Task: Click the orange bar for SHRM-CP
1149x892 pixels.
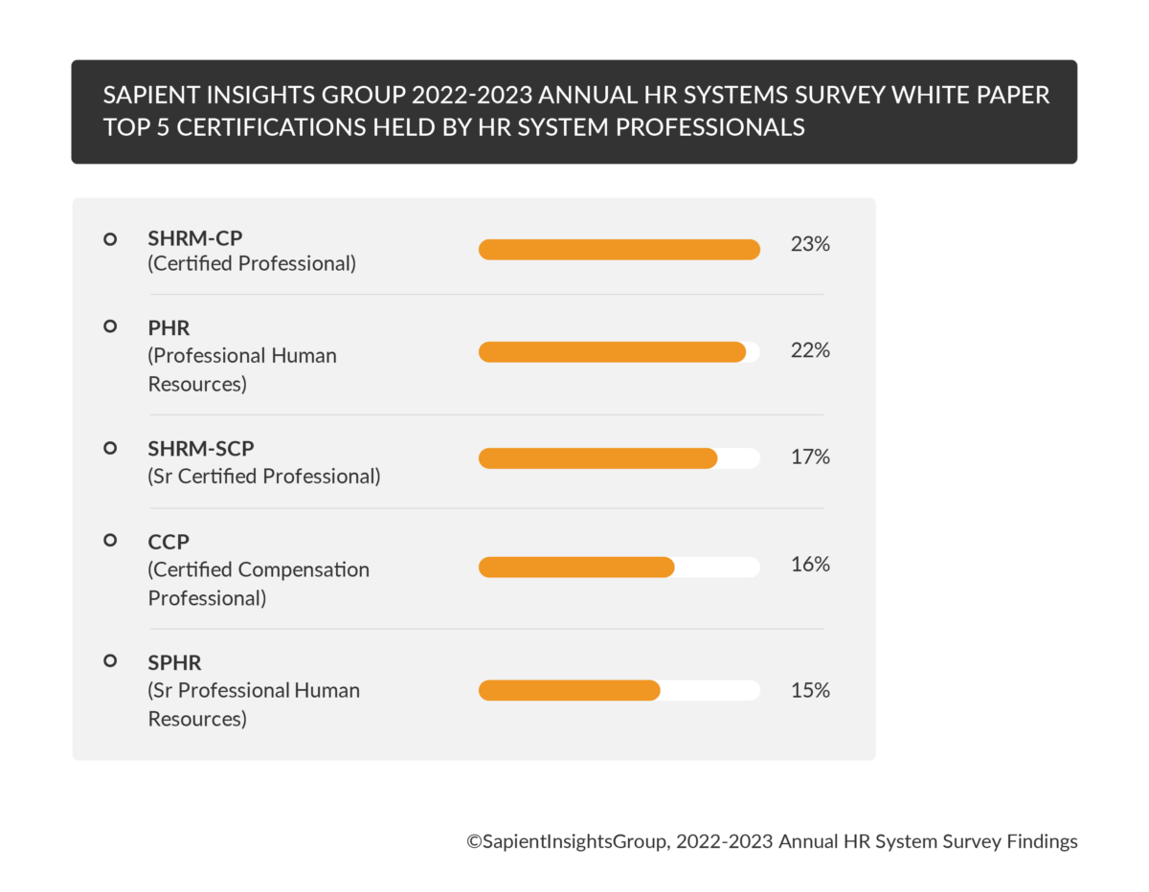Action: pos(619,250)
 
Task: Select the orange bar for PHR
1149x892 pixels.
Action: pos(612,352)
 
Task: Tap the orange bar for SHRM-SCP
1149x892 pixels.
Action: pos(597,458)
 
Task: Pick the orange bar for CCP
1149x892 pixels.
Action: pos(576,568)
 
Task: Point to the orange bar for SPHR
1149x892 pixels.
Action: pos(570,690)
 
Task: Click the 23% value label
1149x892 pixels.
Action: pos(810,244)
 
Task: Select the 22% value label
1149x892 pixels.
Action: pos(810,350)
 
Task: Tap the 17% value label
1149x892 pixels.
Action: pos(810,457)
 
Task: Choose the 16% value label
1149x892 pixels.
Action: pos(810,565)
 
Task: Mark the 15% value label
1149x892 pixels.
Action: pos(810,689)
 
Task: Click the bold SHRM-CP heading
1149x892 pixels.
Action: pos(195,238)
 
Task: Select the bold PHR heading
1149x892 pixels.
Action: pos(169,328)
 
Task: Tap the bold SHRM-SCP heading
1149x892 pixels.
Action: pos(201,448)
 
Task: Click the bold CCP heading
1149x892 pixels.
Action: pos(169,542)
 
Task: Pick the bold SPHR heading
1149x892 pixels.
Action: pos(174,662)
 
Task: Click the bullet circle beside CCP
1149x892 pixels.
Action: pos(110,541)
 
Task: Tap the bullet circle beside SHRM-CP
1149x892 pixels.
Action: pos(110,238)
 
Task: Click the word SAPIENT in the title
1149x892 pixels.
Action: pos(150,96)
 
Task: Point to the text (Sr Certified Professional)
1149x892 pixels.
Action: pos(264,476)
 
